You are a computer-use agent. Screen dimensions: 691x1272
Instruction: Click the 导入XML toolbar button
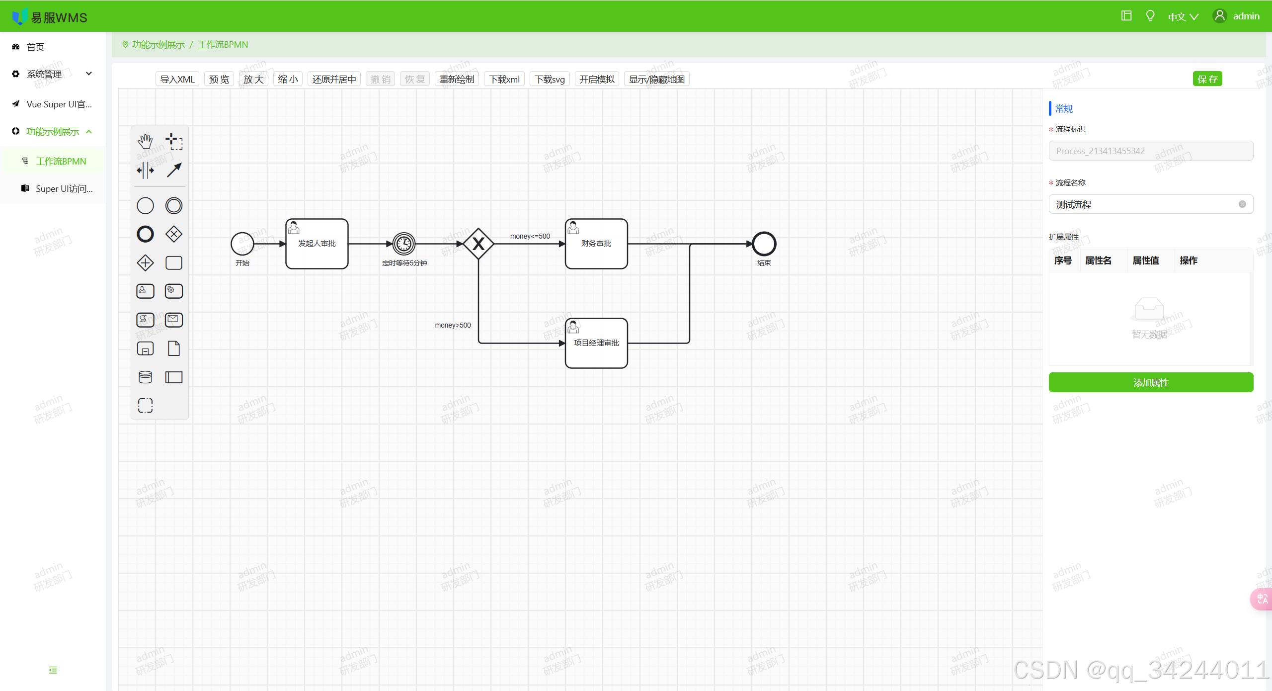click(177, 79)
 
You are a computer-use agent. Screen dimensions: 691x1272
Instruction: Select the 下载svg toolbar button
click(550, 79)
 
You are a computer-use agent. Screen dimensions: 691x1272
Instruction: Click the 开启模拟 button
click(596, 79)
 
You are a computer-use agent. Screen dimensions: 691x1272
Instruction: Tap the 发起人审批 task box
click(317, 244)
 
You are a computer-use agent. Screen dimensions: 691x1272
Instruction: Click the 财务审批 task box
click(596, 244)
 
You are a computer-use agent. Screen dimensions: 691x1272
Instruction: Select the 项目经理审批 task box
click(596, 344)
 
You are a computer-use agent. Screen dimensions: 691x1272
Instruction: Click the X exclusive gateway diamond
click(478, 244)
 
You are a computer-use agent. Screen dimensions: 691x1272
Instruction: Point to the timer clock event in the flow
click(404, 244)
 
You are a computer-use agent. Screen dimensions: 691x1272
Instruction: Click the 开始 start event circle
click(242, 244)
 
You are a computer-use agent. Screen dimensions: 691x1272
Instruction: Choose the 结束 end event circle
click(764, 244)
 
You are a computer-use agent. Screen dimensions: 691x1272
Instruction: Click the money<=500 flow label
click(530, 236)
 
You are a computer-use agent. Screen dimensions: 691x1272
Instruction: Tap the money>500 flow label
click(453, 325)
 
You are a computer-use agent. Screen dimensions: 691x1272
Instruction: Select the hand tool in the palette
click(145, 142)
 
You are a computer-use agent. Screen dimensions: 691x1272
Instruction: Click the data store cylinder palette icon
click(145, 377)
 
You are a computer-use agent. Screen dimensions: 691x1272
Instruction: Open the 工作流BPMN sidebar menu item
click(61, 161)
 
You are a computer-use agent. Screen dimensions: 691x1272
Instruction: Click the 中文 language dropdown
click(1183, 17)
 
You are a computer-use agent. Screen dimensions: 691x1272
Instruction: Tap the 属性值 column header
click(1145, 260)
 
